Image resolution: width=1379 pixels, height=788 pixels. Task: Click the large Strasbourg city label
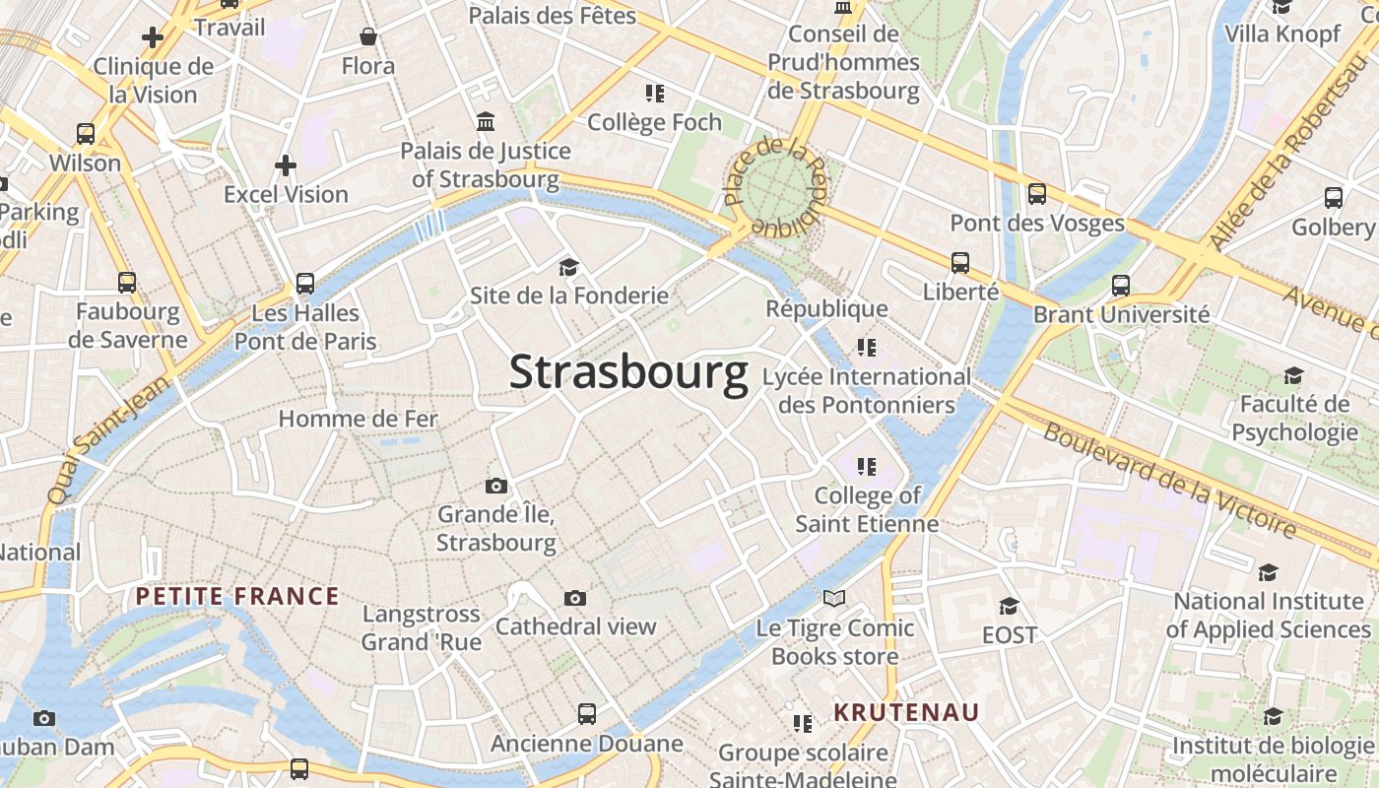coord(628,373)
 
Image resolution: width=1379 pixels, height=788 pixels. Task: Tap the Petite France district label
coord(237,596)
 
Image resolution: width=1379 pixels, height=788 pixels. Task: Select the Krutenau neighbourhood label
coord(906,712)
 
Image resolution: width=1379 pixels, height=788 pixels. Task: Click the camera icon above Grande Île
coord(496,486)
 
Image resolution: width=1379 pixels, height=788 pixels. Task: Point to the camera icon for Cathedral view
coord(575,598)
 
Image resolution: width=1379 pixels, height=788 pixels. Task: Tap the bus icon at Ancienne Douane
coord(587,713)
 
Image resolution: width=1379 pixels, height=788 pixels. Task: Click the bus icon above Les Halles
coord(305,284)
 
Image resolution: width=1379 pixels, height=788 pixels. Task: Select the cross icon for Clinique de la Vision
coord(153,38)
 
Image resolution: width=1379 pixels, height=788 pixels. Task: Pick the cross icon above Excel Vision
coord(286,165)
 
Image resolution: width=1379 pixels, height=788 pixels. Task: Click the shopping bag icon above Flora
coord(368,37)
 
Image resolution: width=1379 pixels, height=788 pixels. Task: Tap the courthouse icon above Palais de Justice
coord(486,122)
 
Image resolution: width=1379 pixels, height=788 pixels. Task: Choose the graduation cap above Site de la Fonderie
coord(568,267)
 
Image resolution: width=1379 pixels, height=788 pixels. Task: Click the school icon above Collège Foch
coord(654,94)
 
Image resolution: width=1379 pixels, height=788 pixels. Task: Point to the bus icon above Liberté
coord(960,263)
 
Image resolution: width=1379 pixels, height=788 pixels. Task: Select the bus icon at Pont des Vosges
coord(1037,194)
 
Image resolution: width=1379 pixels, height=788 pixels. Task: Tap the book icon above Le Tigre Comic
coord(834,599)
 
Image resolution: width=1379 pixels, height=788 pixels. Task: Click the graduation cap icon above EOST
coord(1009,606)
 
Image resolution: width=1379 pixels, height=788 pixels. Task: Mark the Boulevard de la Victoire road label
coord(1169,481)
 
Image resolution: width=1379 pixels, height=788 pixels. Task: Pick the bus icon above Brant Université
coord(1121,286)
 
